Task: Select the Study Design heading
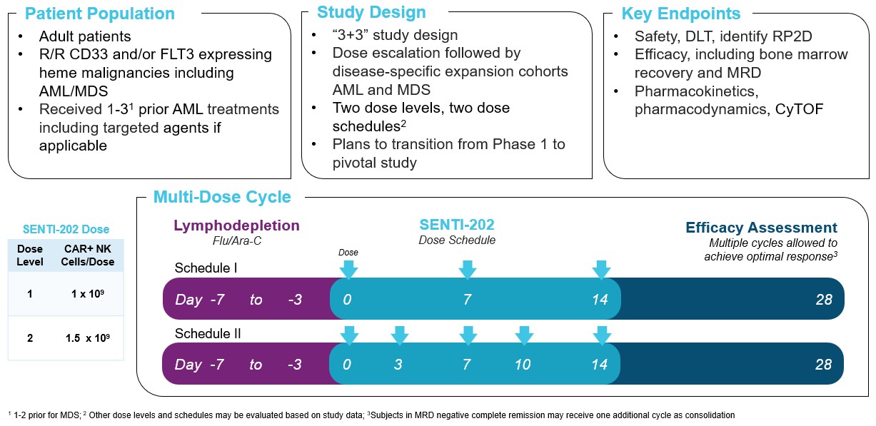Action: [371, 12]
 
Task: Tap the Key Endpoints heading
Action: [680, 14]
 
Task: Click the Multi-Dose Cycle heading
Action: [222, 198]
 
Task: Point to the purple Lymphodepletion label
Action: [236, 226]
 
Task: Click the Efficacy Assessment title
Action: [761, 228]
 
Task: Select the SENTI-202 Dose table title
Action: [65, 229]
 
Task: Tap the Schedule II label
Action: [207, 333]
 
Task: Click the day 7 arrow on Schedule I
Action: [467, 270]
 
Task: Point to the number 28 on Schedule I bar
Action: [823, 300]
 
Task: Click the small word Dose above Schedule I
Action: [348, 253]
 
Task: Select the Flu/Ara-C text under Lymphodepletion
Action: [236, 241]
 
